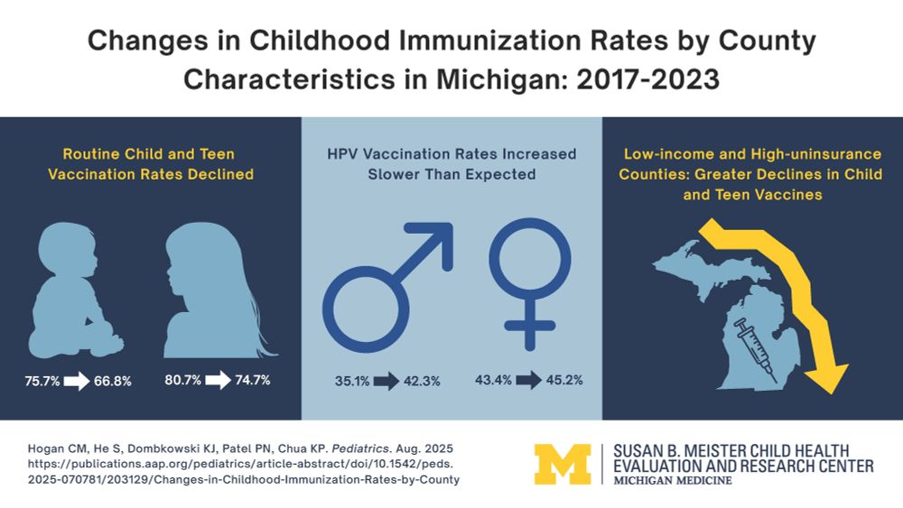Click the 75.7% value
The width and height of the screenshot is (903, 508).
click(x=42, y=381)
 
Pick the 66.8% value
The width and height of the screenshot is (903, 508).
click(x=113, y=381)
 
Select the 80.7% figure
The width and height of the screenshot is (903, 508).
click(x=183, y=380)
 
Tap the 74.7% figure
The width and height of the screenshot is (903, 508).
click(x=254, y=380)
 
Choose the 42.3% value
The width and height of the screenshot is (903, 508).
click(x=420, y=381)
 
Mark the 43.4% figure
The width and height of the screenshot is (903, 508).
click(x=494, y=380)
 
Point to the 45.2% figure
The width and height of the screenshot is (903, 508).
click(x=564, y=380)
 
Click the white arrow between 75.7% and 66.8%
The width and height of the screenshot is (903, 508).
click(x=77, y=381)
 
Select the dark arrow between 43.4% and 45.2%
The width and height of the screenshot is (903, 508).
click(x=529, y=380)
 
